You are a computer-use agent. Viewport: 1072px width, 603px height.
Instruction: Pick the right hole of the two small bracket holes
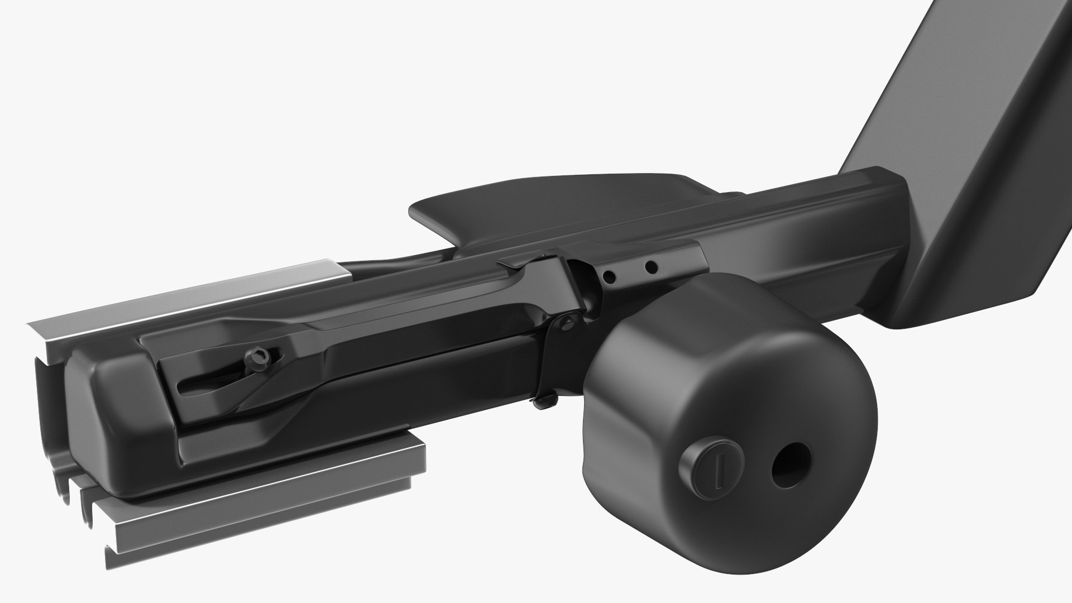point(651,267)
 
